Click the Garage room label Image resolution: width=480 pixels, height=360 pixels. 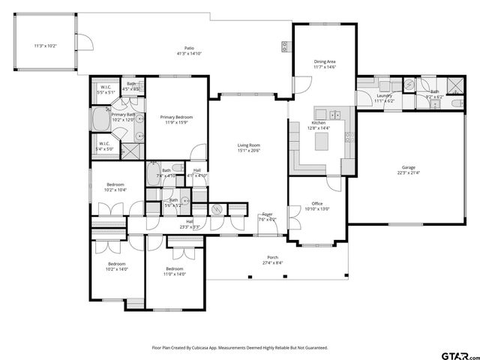[409, 167]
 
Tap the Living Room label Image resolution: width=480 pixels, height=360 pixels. [248, 145]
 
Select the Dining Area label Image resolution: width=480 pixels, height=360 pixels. [325, 62]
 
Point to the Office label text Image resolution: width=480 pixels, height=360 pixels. [317, 203]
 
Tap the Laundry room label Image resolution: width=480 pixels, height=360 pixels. [384, 95]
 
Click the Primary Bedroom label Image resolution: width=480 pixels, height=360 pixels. [176, 118]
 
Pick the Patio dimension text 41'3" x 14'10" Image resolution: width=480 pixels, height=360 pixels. [189, 54]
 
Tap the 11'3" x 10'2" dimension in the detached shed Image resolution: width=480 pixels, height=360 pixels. [46, 46]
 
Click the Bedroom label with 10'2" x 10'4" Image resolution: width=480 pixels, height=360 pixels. [115, 184]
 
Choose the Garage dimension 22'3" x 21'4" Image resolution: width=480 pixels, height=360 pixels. [409, 173]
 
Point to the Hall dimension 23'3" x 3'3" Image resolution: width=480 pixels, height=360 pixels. [189, 226]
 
